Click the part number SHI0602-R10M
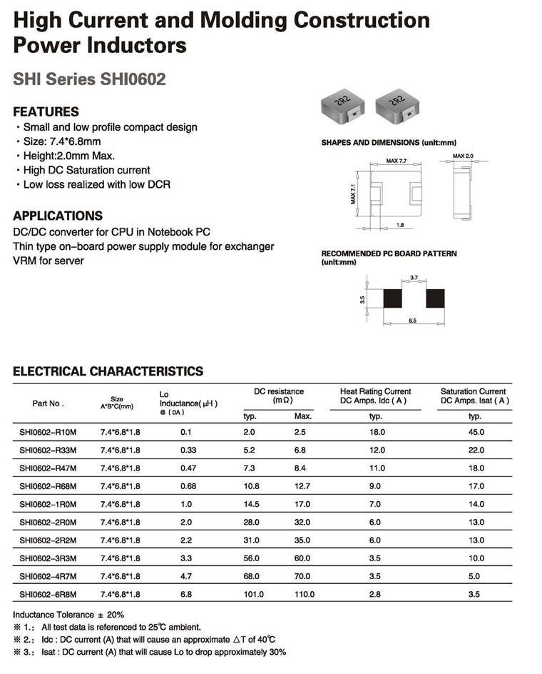click(x=48, y=433)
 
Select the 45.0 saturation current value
click(x=475, y=433)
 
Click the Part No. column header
click(x=48, y=403)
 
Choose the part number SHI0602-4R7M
click(x=48, y=576)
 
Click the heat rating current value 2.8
click(x=376, y=594)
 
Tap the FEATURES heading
click(x=46, y=112)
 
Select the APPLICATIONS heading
click(x=58, y=216)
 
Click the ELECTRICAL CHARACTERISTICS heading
click(x=108, y=371)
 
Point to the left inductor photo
click(x=342, y=105)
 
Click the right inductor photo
click(x=396, y=105)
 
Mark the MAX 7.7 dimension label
click(x=396, y=161)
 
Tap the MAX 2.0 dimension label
click(x=463, y=155)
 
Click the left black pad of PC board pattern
click(x=393, y=298)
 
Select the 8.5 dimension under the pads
click(x=413, y=322)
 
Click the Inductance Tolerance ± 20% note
click(x=69, y=615)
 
